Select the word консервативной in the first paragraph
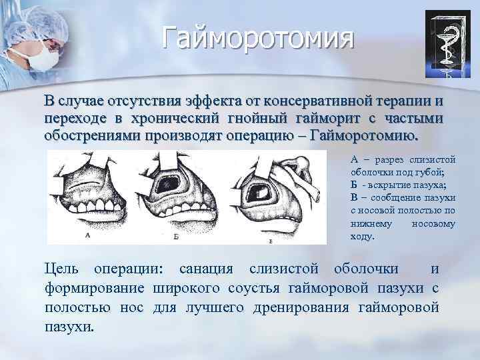click(321, 101)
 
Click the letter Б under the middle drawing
click(174, 237)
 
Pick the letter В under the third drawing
click(270, 239)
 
